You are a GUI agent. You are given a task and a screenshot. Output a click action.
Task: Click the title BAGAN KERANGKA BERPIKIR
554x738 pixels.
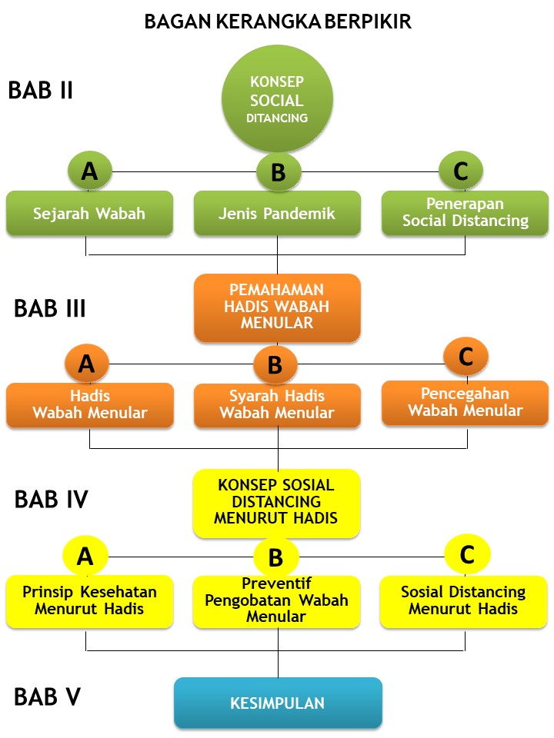coord(278,22)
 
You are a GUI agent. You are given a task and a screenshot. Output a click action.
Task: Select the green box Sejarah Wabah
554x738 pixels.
coord(88,213)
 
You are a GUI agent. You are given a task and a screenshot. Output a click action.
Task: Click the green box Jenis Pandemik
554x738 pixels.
coord(277,213)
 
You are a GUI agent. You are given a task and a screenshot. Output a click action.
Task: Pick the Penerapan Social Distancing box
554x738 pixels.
coord(466,212)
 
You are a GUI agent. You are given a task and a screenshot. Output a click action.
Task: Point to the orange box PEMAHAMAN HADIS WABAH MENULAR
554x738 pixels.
coord(277,307)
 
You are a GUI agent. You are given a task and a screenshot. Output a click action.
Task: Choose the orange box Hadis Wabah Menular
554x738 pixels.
coord(90,405)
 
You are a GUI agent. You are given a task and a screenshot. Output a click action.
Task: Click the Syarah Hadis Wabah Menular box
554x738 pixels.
coord(277,405)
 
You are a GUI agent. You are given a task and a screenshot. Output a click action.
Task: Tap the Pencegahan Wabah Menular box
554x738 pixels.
coord(465,402)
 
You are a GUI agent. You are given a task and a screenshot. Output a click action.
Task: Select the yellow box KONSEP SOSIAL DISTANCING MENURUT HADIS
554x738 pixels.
coord(276,503)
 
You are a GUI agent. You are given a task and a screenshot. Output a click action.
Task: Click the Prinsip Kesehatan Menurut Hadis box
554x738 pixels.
coord(89,600)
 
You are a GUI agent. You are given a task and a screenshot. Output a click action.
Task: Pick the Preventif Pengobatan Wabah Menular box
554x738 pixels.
coord(276,600)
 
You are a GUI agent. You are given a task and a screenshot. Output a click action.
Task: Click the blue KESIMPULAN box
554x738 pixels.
coord(278,703)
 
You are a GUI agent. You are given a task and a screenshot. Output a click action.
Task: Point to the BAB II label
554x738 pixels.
coord(40,90)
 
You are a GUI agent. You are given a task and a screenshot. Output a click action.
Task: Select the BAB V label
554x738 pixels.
coord(48,696)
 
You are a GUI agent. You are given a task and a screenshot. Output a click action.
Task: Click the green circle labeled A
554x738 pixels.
coord(89,171)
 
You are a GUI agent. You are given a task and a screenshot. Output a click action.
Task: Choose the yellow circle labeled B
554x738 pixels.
coord(275,556)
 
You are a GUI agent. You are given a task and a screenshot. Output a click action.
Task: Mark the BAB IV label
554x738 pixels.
coord(51,500)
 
